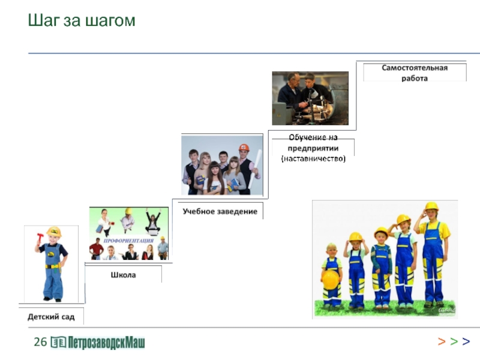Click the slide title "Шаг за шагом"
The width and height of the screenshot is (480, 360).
coord(82,21)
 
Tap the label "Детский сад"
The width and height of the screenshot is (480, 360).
coord(51,316)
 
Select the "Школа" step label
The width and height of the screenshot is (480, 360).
coord(123,275)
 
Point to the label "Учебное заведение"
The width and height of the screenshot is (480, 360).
coord(220,211)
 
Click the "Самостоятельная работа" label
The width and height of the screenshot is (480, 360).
coord(415,73)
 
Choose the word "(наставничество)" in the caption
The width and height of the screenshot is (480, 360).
coord(313,158)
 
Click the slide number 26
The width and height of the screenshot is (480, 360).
coord(40,343)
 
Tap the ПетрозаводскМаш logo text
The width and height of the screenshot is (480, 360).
coord(107,343)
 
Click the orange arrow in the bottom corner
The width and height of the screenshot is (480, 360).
coord(441,342)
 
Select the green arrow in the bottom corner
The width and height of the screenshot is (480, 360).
coord(454,342)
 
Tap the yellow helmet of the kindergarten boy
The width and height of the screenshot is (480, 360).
coord(54,231)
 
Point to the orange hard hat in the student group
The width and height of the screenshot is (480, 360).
coord(244,147)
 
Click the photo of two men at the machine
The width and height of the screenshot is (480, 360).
coord(310,98)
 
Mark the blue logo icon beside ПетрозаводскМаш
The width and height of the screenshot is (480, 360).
coord(59,343)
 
